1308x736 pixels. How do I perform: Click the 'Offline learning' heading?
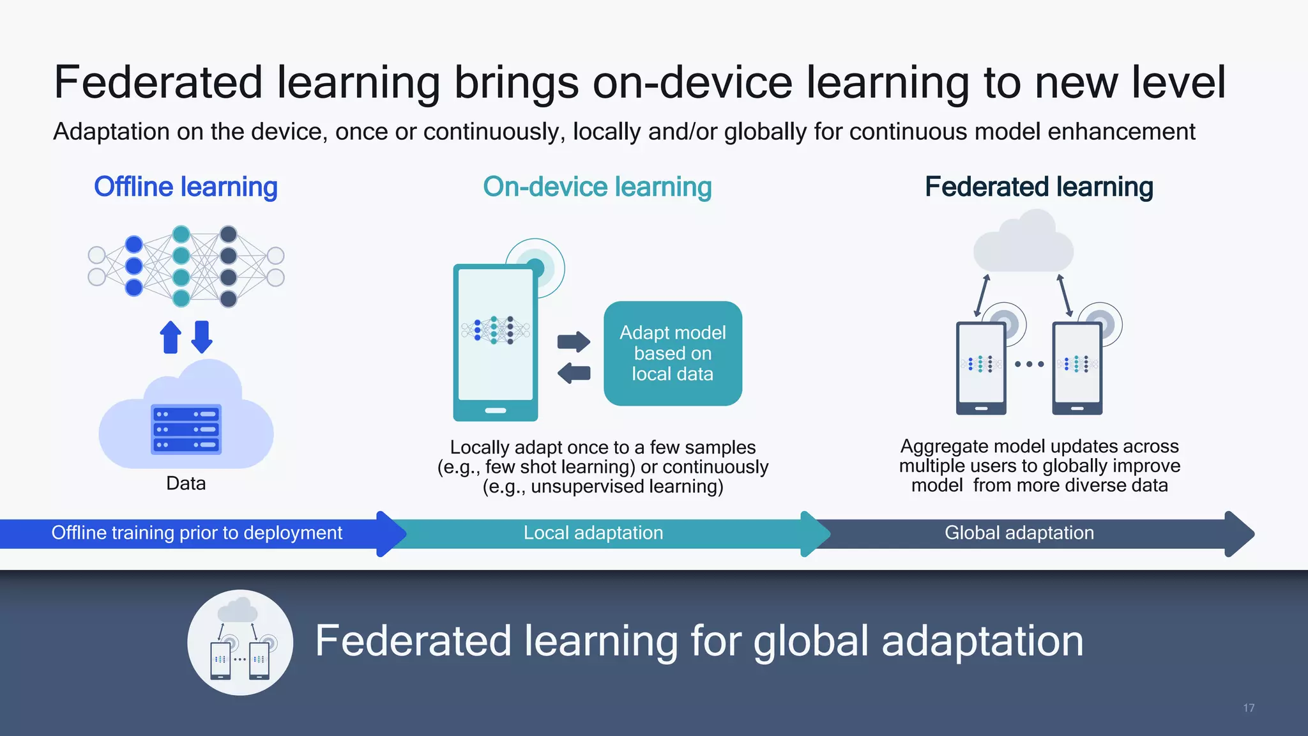tap(185, 187)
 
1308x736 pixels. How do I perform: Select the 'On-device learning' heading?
tap(597, 187)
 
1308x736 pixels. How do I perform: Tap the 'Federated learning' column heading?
tap(1039, 187)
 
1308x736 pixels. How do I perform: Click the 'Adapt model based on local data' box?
tap(673, 353)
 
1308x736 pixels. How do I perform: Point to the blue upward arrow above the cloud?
tap(171, 337)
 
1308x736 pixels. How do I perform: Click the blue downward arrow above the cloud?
tap(202, 337)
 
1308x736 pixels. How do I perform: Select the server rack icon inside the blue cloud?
tap(186, 429)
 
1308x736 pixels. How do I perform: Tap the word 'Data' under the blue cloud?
tap(186, 484)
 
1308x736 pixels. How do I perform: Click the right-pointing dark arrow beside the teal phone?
tap(574, 342)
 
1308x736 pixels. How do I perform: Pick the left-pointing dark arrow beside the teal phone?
tap(574, 372)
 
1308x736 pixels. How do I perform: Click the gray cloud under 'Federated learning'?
tap(1023, 243)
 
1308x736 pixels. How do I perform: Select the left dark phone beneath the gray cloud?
tap(981, 369)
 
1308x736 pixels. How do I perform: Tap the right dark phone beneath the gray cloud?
tap(1077, 369)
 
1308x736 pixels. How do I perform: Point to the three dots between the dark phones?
tap(1029, 364)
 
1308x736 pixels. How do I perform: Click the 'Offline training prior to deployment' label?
tap(197, 533)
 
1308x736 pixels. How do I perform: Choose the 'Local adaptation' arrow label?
tap(593, 533)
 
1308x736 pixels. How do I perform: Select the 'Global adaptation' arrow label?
tap(1019, 533)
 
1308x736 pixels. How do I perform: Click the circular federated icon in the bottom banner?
tap(240, 642)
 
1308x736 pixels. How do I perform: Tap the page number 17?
tap(1249, 708)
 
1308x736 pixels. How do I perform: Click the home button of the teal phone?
tap(496, 410)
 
